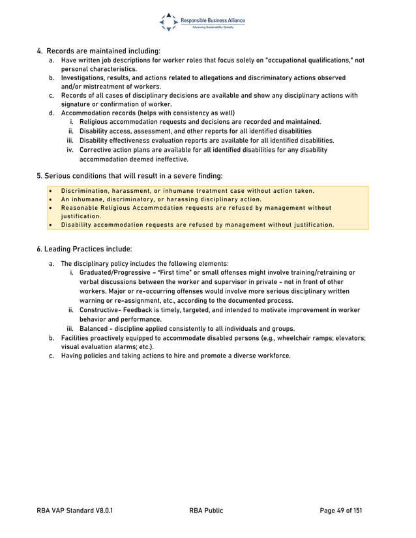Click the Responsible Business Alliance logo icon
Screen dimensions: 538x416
(168, 21)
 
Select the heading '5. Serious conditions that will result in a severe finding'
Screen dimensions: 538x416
(129, 175)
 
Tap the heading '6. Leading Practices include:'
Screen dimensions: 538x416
(84, 249)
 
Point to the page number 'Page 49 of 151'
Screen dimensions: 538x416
(340, 511)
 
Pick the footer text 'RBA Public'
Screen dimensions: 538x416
(206, 511)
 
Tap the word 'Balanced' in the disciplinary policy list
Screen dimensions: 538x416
(95, 328)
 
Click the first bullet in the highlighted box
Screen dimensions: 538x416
(50, 191)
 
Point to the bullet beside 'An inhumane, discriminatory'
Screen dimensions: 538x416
(50, 199)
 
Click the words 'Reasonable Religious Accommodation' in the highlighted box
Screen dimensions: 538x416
(121, 208)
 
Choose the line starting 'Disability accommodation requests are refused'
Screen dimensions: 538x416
(198, 225)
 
